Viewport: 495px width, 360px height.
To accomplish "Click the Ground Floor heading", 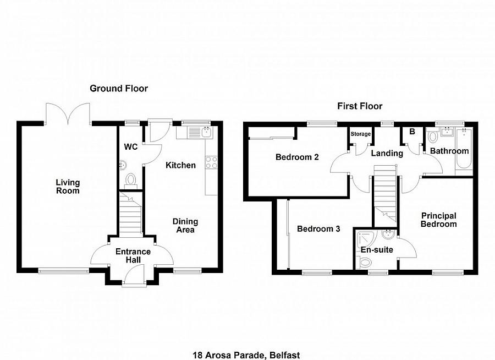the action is (119, 89).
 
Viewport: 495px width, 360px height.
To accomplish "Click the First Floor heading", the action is (360, 106).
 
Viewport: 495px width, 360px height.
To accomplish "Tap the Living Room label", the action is (68, 187).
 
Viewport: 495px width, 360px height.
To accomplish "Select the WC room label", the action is (131, 146).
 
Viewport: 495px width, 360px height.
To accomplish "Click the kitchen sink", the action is (200, 132).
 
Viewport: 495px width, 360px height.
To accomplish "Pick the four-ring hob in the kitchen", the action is (211, 162).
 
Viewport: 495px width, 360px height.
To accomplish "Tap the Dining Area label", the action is (185, 226).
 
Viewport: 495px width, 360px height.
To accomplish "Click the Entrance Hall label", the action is (133, 256).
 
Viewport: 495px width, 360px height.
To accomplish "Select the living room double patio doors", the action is (68, 114).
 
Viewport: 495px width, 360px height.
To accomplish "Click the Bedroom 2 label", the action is (297, 157).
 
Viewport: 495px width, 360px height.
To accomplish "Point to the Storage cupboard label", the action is (360, 134).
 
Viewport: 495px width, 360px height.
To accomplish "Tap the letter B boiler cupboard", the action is (412, 132).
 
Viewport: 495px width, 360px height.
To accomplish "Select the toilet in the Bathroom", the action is (432, 136).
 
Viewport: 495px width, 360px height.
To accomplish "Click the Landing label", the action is (387, 154).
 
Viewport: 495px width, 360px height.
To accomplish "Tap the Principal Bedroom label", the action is (439, 220).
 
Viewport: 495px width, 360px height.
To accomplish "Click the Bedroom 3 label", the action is (318, 229).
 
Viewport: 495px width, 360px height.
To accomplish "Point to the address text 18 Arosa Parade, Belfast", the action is (246, 355).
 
